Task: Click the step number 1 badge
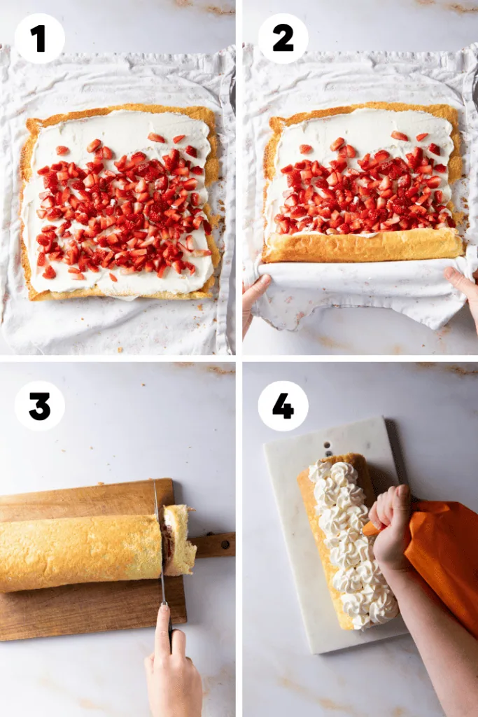[x=39, y=39]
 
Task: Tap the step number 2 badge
[x=283, y=39]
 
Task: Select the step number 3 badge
[x=39, y=406]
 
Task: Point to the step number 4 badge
[x=283, y=406]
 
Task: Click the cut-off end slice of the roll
[x=179, y=540]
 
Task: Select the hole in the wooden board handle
[x=225, y=545]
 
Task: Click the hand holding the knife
[x=174, y=663]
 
